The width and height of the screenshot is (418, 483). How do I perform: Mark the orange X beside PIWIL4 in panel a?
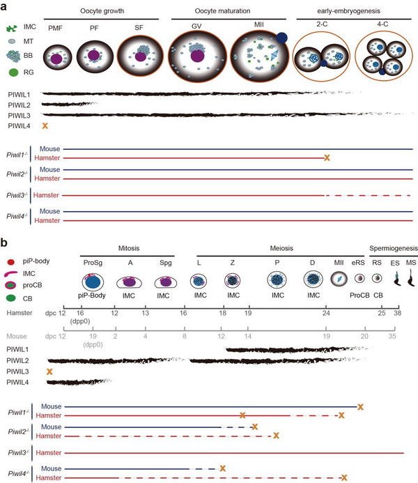tap(45, 125)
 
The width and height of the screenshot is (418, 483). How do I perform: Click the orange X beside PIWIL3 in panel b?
tap(48, 372)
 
